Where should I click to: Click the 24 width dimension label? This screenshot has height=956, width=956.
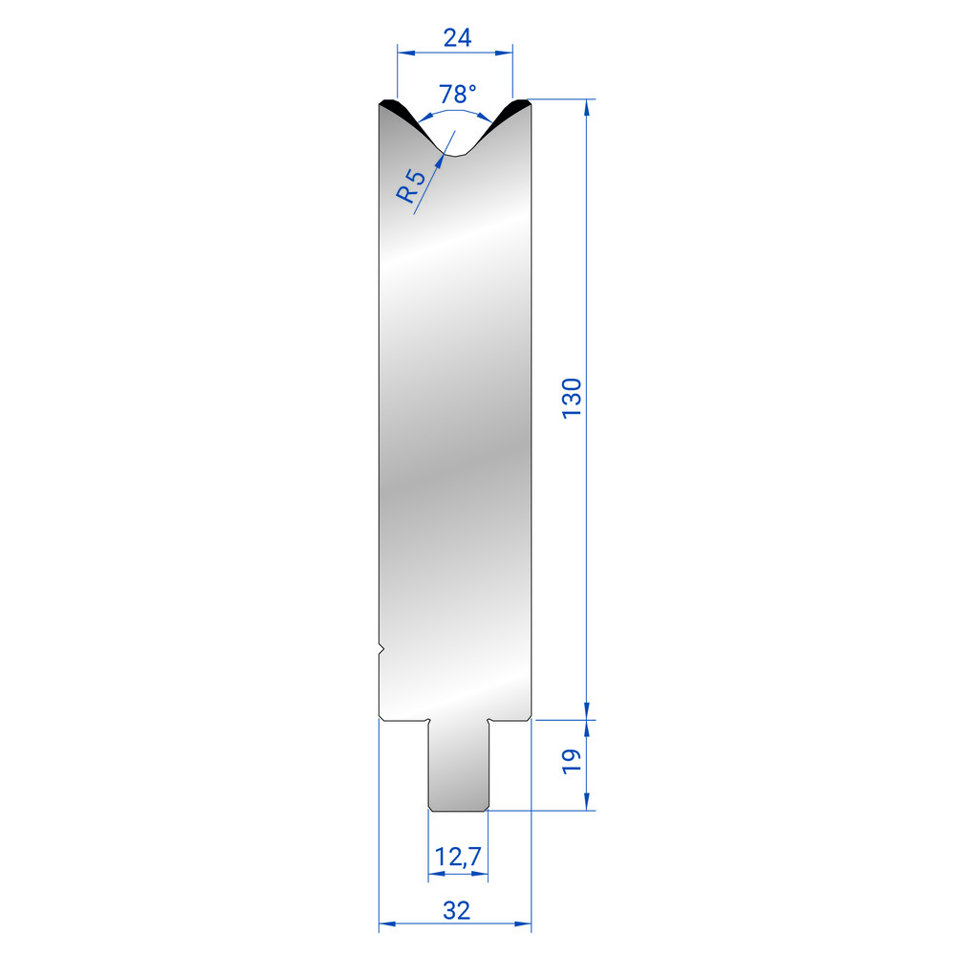(457, 38)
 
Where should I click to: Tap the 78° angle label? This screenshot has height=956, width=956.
(457, 95)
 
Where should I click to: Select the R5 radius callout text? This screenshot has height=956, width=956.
(410, 186)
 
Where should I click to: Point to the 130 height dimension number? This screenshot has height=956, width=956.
(572, 398)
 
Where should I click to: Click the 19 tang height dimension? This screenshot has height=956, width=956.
(572, 762)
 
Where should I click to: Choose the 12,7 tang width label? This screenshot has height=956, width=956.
(458, 857)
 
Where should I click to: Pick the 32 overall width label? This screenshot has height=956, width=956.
(457, 910)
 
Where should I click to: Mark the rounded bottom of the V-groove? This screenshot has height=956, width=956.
(455, 155)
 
